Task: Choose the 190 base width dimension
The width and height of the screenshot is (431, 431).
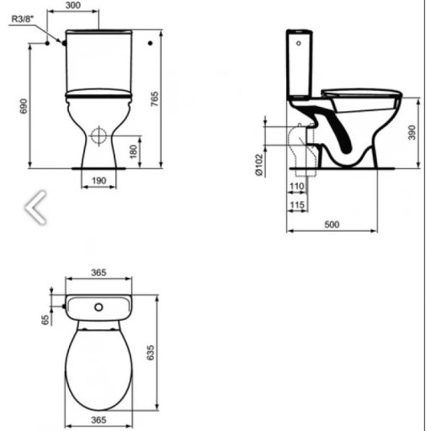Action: click(x=98, y=180)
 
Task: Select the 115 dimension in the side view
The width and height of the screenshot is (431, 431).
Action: click(x=295, y=205)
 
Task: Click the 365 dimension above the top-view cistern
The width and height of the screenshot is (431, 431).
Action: click(x=98, y=274)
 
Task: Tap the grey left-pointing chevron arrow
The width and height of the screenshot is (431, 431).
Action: click(x=36, y=207)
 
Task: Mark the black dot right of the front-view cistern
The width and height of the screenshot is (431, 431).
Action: click(x=149, y=41)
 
